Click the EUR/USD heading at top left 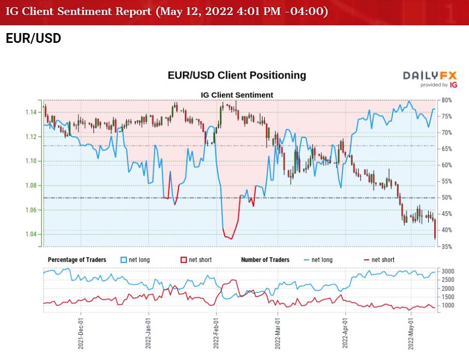(x=33, y=39)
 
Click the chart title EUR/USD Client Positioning (x=237, y=75)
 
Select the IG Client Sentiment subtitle (x=237, y=95)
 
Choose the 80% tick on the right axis (x=447, y=100)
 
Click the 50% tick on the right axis (x=447, y=198)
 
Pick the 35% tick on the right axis (x=447, y=246)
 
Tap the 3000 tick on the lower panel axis (x=448, y=271)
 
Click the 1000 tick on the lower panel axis (x=448, y=305)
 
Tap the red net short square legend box (x=184, y=260)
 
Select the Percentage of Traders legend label (x=77, y=260)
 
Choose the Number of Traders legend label (x=265, y=260)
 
